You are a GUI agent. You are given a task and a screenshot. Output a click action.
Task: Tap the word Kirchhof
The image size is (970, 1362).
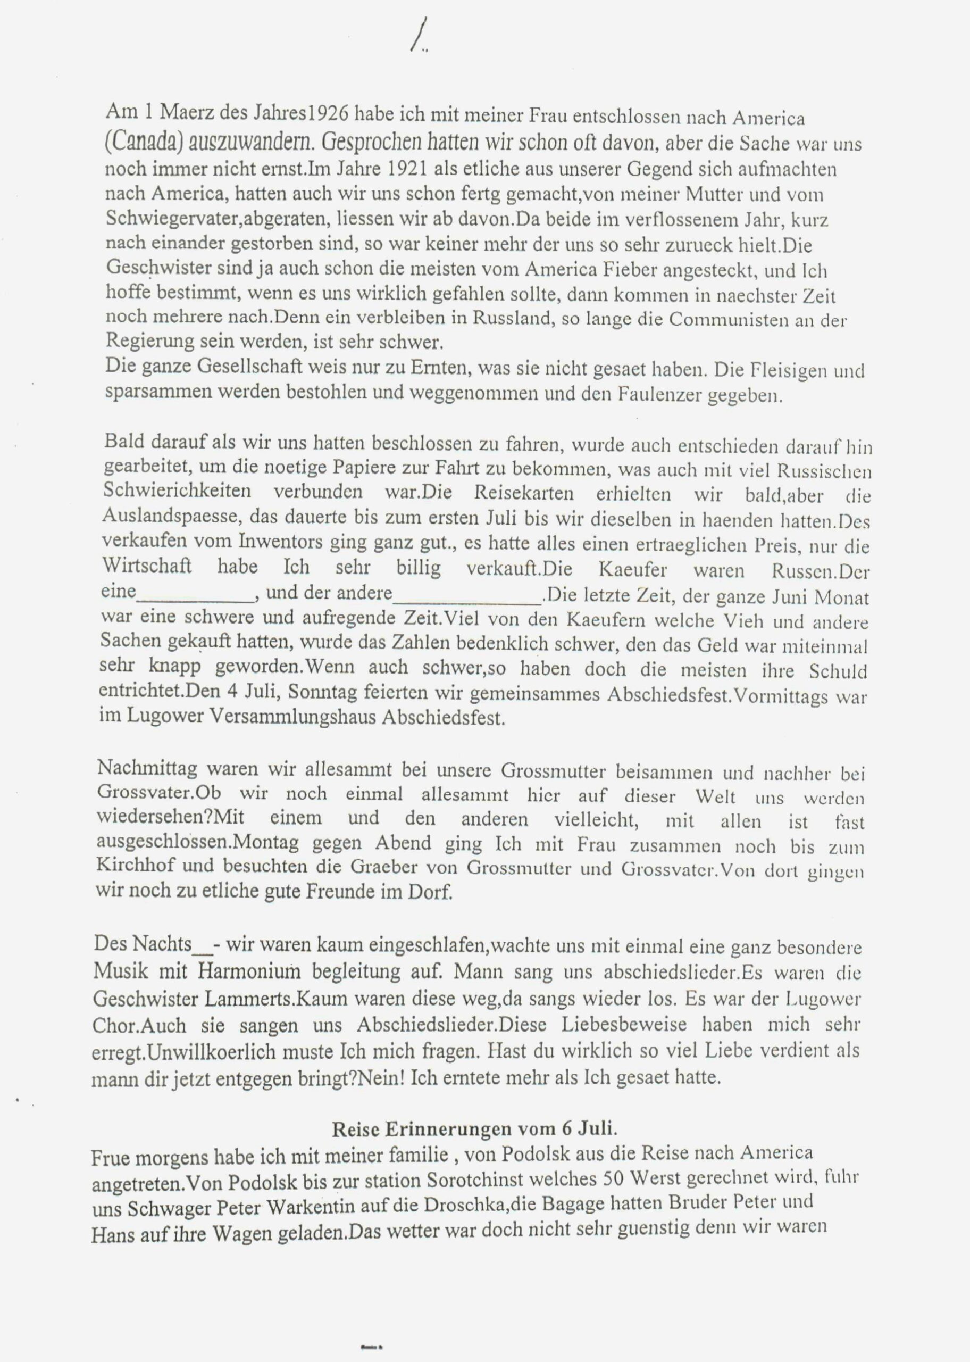pos(135,866)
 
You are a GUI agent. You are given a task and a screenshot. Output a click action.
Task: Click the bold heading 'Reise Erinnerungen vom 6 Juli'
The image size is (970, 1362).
pos(474,1129)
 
